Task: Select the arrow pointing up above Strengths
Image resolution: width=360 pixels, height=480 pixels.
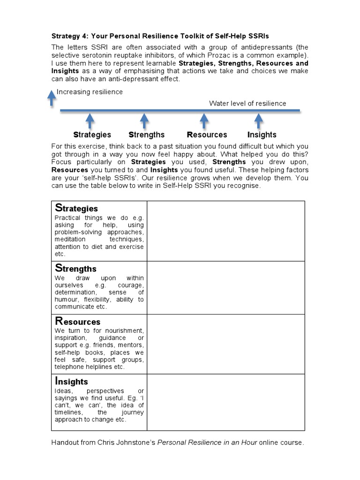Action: coord(144,120)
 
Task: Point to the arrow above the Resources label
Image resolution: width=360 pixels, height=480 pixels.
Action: coord(204,120)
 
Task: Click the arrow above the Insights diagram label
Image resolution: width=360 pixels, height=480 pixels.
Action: coord(258,120)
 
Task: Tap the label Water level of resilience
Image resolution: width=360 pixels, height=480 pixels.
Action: coord(247,104)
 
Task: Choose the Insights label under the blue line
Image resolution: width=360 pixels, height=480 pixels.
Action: coord(262,135)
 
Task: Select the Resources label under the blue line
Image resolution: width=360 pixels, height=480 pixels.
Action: coord(207,135)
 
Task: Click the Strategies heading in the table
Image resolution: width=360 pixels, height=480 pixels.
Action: coord(76,208)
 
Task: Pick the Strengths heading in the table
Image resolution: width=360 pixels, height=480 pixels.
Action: coord(76,268)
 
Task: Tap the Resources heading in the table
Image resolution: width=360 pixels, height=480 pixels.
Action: coord(78,321)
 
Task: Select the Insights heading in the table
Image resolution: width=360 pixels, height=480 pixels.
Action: coord(71,381)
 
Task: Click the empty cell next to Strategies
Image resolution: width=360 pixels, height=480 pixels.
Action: coord(225,231)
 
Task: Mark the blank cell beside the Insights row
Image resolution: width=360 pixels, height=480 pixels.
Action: coord(225,401)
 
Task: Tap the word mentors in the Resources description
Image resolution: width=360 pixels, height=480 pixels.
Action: coord(132,345)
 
